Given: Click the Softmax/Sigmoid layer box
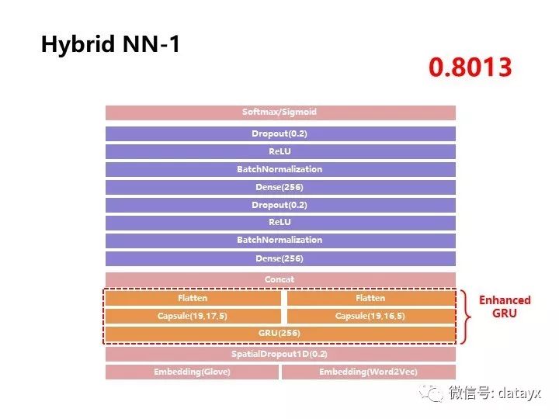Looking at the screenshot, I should tap(279, 113).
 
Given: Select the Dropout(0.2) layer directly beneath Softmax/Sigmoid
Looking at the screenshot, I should tap(279, 133).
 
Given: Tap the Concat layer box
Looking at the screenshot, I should tap(279, 279).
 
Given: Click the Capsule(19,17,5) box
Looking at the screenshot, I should tap(193, 316).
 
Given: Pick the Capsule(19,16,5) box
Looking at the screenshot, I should tap(370, 316).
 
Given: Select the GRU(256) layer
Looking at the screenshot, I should tap(279, 334).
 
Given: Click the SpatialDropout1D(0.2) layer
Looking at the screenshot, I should tap(279, 354).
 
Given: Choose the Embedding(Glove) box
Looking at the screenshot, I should tap(192, 372).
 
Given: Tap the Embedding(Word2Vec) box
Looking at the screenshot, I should tap(368, 372).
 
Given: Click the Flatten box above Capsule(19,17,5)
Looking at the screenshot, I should tap(193, 298).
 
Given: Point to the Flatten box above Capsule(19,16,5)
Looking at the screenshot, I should tap(370, 298).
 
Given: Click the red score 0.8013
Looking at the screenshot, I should tap(470, 68).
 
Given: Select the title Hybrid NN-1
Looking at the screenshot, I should tap(110, 44).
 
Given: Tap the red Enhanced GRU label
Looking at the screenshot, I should tap(505, 306).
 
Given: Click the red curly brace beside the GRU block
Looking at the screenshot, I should tap(465, 316).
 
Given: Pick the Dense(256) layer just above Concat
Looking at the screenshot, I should tap(279, 258).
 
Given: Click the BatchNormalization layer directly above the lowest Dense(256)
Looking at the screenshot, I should tap(279, 241).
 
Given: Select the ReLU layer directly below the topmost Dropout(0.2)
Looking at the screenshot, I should tap(279, 151).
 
